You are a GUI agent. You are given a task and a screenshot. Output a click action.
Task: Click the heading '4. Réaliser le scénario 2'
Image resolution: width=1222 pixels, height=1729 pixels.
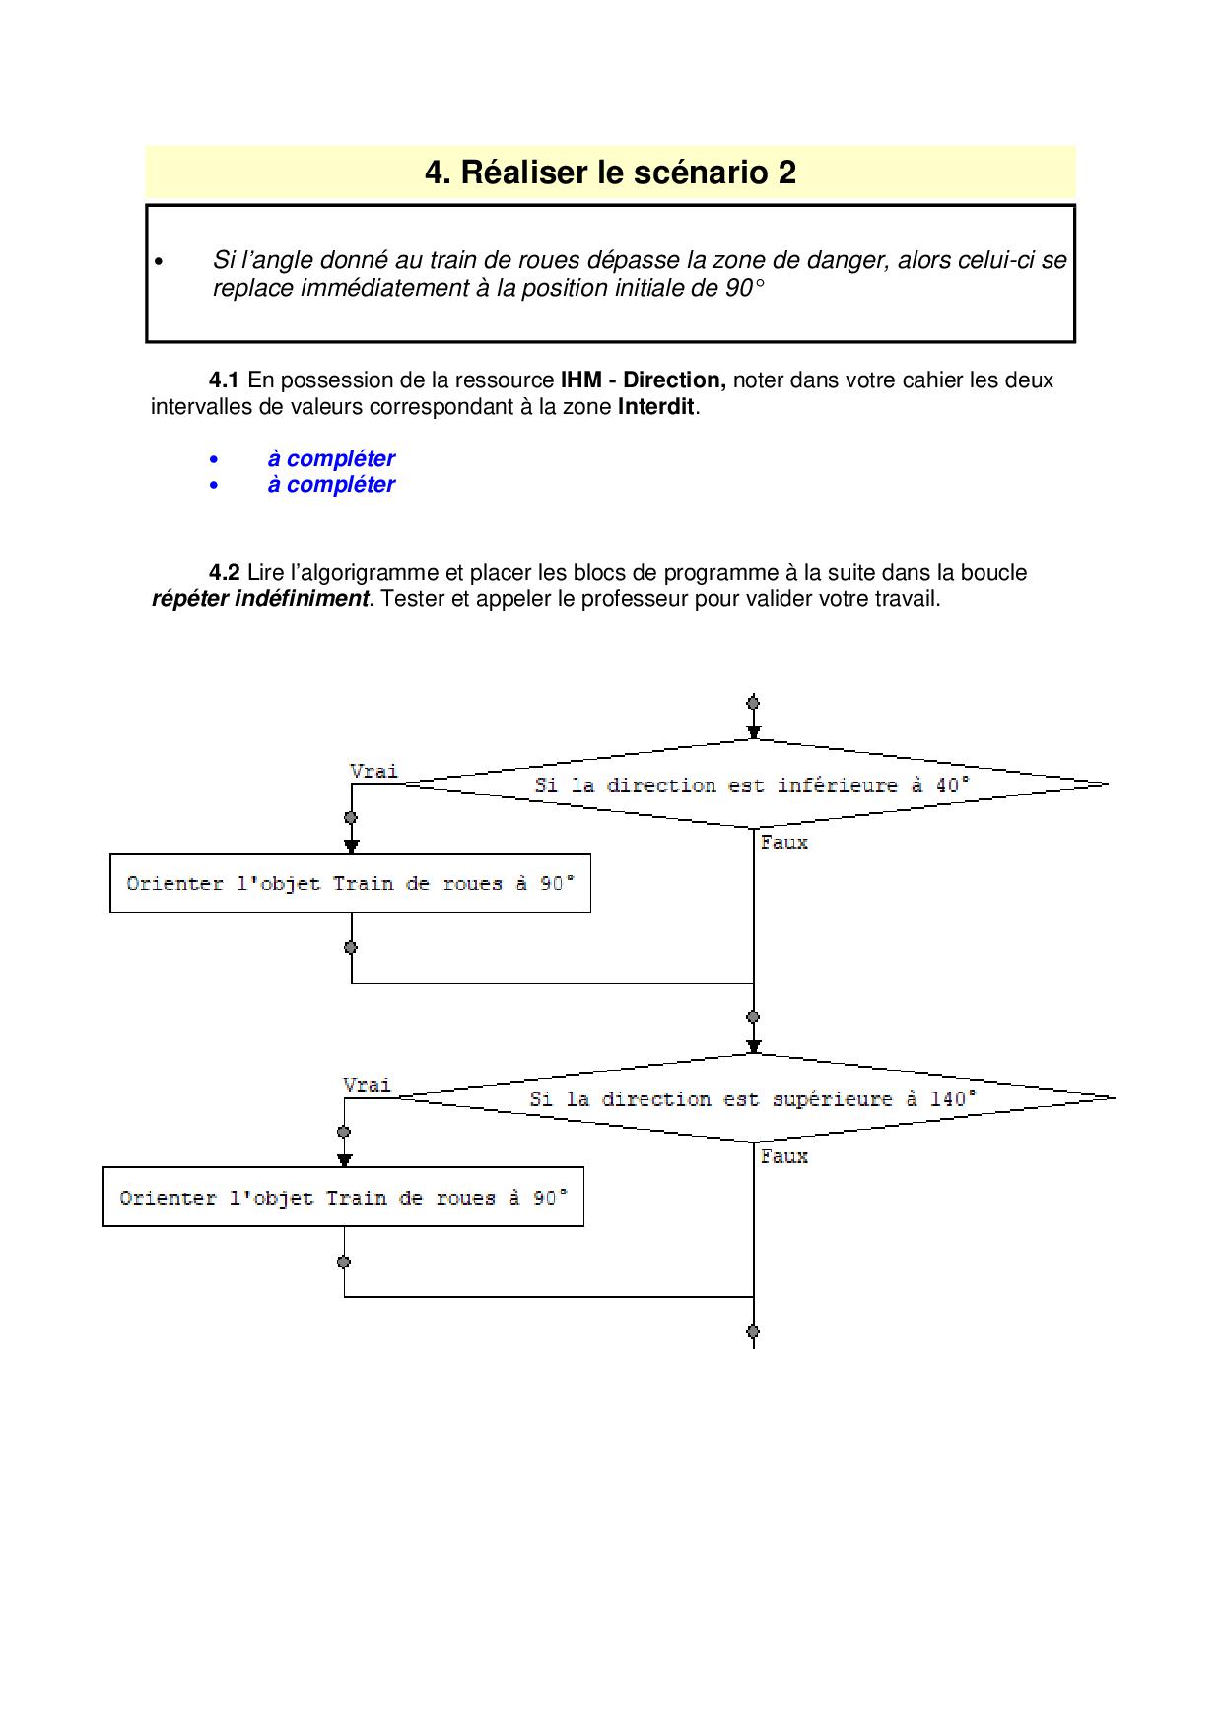610,173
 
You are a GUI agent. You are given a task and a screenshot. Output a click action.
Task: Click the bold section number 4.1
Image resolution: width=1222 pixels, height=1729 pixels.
224,380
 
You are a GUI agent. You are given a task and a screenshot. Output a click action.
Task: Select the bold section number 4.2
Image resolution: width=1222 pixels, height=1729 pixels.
224,572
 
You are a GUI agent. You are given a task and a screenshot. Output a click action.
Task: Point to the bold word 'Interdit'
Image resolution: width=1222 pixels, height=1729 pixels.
655,406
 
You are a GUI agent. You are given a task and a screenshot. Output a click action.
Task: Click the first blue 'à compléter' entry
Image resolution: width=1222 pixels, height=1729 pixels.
330,458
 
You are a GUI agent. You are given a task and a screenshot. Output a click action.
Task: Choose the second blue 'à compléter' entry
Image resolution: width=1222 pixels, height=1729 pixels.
330,484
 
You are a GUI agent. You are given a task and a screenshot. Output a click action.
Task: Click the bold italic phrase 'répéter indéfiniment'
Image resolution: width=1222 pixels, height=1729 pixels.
260,598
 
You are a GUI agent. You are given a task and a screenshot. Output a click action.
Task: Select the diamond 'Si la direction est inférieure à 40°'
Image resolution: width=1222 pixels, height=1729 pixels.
752,785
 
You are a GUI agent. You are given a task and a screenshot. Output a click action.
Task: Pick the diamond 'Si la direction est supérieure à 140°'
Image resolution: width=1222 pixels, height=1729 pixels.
753,1098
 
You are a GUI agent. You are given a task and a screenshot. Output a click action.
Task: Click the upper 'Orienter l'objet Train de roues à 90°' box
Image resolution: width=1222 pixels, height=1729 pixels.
350,883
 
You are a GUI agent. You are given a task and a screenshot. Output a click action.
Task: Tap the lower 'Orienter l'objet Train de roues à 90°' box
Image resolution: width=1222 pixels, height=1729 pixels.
343,1197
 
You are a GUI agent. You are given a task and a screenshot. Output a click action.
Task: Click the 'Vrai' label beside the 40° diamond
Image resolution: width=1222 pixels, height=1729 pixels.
373,770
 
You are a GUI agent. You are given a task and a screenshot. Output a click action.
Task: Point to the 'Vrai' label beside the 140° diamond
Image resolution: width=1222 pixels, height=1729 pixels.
367,1084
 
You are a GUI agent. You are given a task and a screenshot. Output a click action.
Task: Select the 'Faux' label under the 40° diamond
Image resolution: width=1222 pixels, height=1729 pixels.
783,842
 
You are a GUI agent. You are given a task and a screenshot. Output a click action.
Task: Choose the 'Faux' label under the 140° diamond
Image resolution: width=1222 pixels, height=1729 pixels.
783,1155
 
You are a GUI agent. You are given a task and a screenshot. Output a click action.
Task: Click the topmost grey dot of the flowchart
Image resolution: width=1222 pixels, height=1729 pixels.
753,703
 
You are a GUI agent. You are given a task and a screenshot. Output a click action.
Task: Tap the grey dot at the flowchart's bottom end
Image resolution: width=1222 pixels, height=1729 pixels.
753,1331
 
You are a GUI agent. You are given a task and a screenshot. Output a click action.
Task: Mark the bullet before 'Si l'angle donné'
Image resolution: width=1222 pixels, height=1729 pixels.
158,261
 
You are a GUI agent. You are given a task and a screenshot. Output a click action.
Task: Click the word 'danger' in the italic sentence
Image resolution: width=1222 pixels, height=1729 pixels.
847,260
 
